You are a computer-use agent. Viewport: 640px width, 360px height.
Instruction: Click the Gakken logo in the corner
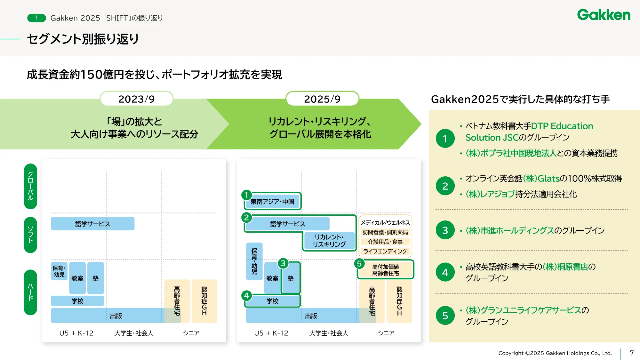click(604, 15)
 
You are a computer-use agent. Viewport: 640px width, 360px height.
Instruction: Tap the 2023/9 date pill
click(136, 99)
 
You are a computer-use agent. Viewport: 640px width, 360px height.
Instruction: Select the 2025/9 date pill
click(322, 99)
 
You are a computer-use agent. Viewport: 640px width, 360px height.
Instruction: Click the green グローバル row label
click(30, 186)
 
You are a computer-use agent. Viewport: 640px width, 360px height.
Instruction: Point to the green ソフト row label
click(30, 235)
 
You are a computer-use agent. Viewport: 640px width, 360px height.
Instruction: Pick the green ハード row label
click(30, 292)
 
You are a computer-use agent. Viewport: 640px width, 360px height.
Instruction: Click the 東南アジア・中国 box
click(272, 202)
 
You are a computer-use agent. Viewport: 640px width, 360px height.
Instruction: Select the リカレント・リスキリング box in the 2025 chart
click(329, 241)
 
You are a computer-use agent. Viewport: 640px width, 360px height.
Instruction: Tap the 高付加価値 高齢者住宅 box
click(385, 270)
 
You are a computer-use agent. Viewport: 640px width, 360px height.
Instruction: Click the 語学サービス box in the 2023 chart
click(92, 224)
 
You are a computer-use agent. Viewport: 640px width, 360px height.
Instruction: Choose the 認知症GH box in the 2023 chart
click(204, 301)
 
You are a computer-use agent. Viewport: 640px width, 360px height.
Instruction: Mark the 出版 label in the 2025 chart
click(311, 316)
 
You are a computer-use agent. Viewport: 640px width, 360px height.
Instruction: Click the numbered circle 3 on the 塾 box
click(283, 263)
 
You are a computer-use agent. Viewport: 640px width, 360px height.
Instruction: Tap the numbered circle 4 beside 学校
click(246, 295)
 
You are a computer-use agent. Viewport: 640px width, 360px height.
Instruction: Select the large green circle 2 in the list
click(445, 186)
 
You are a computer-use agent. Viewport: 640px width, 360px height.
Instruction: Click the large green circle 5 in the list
click(445, 316)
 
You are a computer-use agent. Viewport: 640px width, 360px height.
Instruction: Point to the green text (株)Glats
click(541, 179)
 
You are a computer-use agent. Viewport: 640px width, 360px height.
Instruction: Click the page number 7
click(631, 353)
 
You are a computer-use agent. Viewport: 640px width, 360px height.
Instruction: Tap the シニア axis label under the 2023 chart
click(191, 333)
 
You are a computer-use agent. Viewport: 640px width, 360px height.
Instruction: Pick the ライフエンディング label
click(385, 251)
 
